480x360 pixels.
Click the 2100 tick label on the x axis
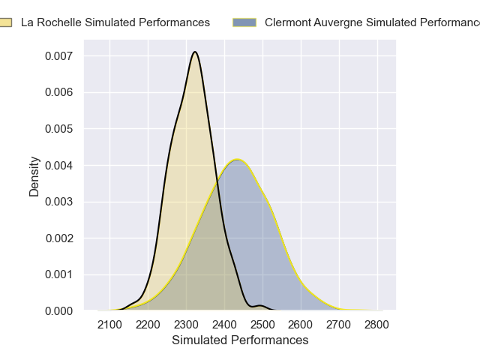[110, 325]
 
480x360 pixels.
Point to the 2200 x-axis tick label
[148, 325]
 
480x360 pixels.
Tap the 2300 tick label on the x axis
[187, 325]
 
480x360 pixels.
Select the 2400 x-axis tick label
[224, 325]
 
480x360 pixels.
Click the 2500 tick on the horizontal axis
[262, 325]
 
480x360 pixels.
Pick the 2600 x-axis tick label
[301, 325]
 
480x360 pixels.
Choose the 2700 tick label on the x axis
[339, 325]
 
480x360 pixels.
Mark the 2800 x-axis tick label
[376, 325]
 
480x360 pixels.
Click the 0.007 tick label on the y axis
[58, 56]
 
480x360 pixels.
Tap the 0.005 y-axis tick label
[58, 129]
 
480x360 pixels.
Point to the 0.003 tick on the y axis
[58, 202]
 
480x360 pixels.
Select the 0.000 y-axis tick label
[58, 310]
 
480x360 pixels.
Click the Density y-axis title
[34, 175]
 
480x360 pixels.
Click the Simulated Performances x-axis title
[240, 340]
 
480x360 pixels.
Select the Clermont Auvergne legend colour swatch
[244, 22]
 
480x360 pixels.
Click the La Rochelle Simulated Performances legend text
[115, 22]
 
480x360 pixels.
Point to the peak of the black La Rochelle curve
[195, 52]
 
